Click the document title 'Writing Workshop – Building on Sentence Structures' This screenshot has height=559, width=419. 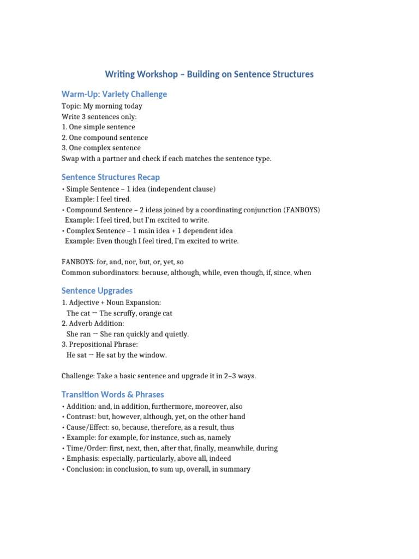click(x=209, y=74)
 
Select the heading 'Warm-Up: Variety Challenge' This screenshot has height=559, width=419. click(x=114, y=94)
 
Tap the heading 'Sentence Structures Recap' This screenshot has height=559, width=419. click(x=111, y=177)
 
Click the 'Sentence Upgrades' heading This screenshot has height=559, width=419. click(x=97, y=290)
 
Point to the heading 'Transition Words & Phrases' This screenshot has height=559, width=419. click(x=113, y=394)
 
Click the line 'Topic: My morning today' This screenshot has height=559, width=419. click(x=101, y=106)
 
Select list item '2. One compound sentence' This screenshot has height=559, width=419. click(x=105, y=138)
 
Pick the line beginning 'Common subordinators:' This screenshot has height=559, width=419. click(x=186, y=272)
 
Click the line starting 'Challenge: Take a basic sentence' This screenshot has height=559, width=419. click(x=159, y=376)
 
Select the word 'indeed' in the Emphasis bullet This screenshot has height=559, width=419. click(x=221, y=459)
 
